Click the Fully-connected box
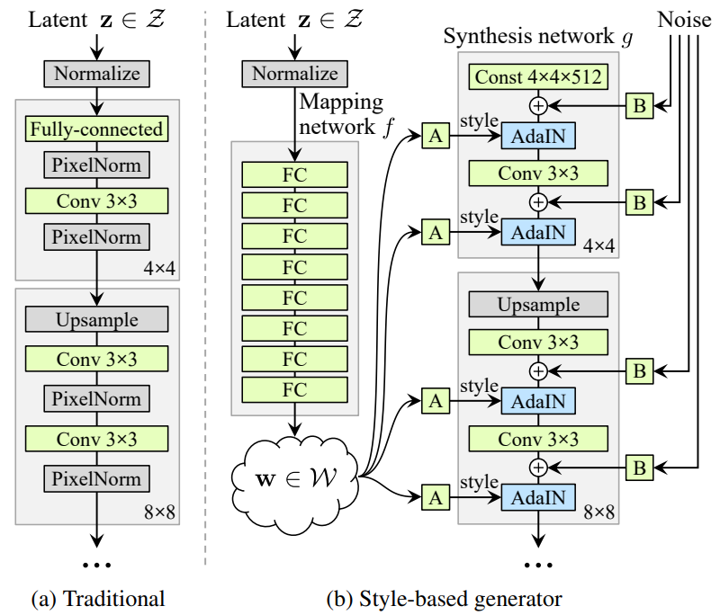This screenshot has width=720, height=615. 97,129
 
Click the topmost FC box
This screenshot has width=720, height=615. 295,174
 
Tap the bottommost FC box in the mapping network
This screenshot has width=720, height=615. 295,390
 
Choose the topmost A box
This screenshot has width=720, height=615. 436,137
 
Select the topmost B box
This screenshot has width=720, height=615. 639,106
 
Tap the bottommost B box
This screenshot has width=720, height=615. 639,467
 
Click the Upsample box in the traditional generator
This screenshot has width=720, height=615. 97,319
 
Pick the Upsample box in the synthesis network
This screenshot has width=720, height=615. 538,306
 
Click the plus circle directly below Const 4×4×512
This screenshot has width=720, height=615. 538,105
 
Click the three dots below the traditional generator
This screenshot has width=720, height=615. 96,565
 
